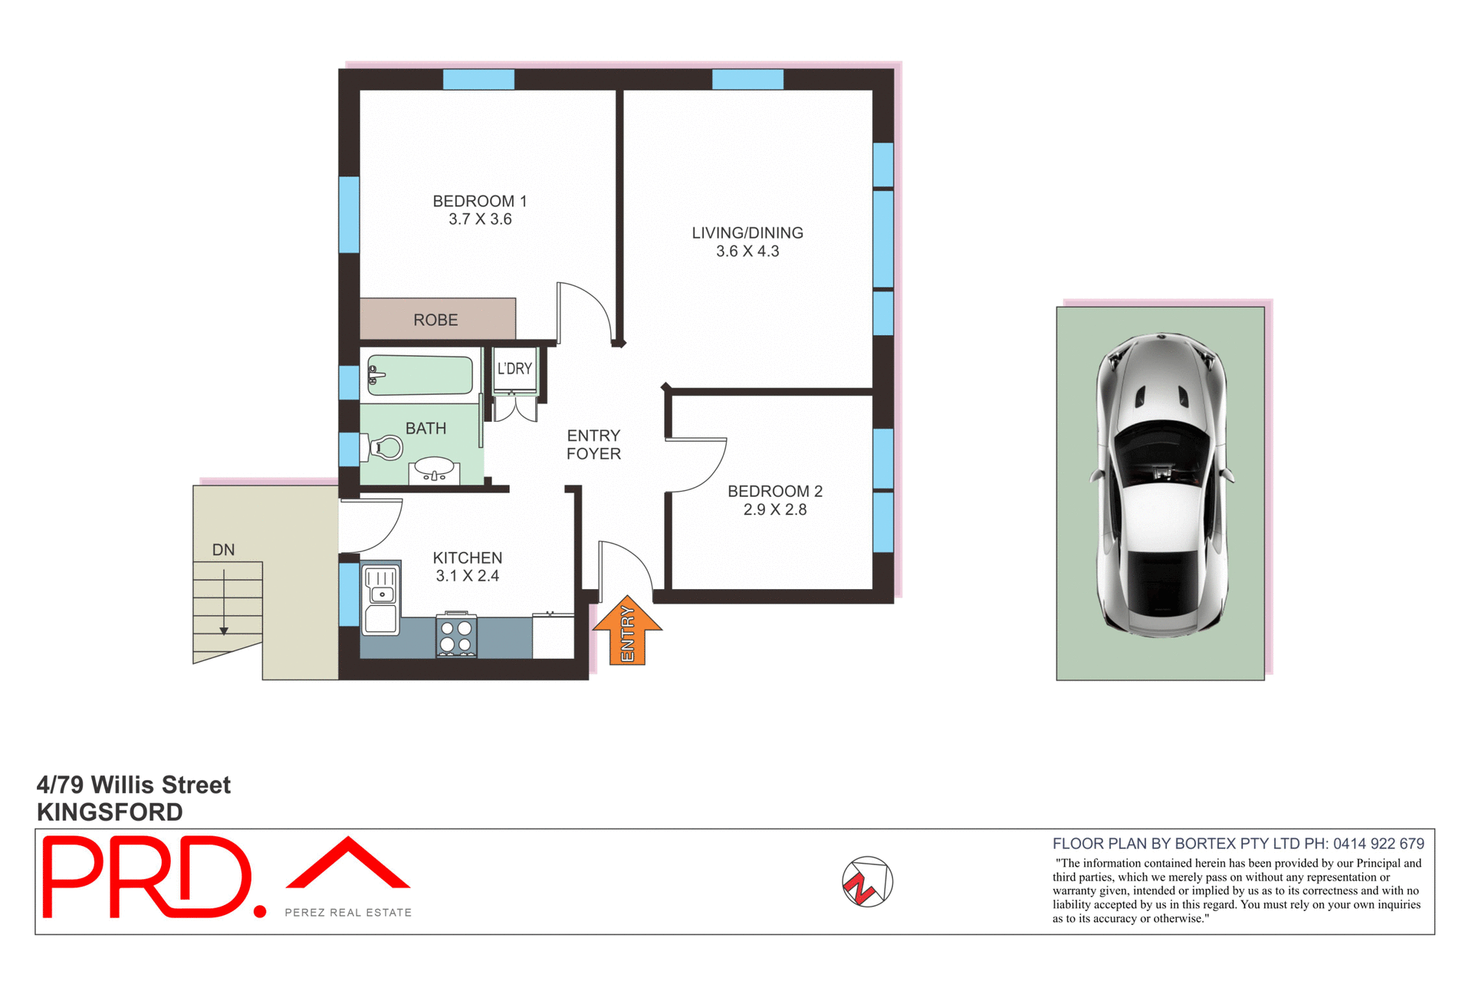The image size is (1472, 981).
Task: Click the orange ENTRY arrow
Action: pyautogui.click(x=627, y=630)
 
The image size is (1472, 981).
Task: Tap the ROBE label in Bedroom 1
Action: pyautogui.click(x=435, y=320)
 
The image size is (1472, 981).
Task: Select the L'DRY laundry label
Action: pyautogui.click(x=514, y=369)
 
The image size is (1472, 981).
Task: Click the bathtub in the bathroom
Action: pyautogui.click(x=420, y=375)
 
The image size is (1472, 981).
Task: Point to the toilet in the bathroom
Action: pyautogui.click(x=386, y=447)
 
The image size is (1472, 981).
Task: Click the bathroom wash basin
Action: pyautogui.click(x=434, y=468)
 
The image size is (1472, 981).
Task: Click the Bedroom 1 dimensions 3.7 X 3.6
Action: pyautogui.click(x=480, y=219)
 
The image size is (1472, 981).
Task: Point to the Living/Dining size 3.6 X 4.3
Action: pyautogui.click(x=747, y=252)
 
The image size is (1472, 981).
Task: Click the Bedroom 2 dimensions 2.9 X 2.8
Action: pyautogui.click(x=774, y=510)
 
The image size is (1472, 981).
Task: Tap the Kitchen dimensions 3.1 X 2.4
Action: pyautogui.click(x=467, y=576)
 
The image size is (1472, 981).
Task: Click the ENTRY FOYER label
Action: pyautogui.click(x=593, y=445)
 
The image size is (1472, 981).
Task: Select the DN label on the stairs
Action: pyautogui.click(x=223, y=550)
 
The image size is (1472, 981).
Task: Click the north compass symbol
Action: pyautogui.click(x=867, y=882)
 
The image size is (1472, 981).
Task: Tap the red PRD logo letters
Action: pyautogui.click(x=146, y=877)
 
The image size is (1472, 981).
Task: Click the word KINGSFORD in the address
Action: pyautogui.click(x=110, y=811)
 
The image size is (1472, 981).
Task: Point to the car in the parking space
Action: pyautogui.click(x=1161, y=485)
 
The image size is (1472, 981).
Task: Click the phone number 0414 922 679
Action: pyautogui.click(x=1378, y=844)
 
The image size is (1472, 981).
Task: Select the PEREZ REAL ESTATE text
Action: pyautogui.click(x=348, y=913)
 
